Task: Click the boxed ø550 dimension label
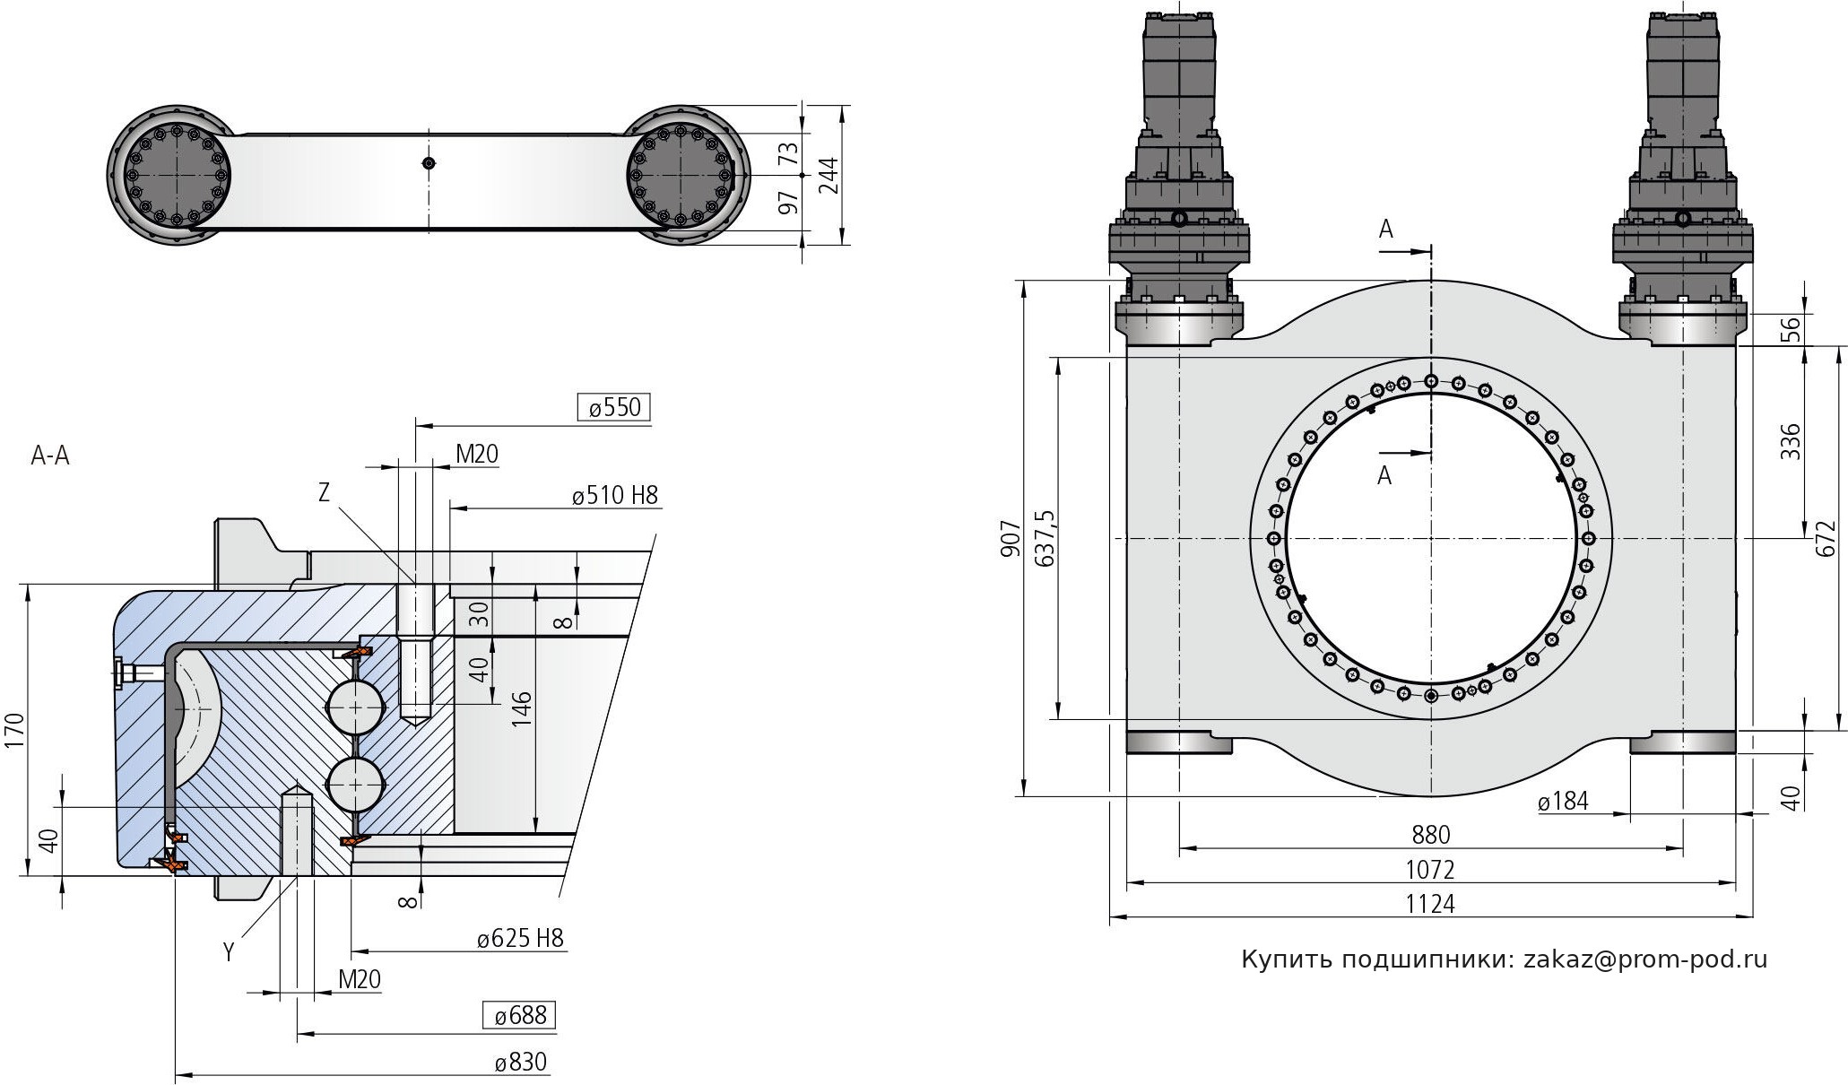click(x=615, y=408)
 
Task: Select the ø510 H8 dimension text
click(x=614, y=495)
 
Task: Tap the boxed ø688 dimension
click(x=519, y=1015)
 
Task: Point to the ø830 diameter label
click(x=520, y=1063)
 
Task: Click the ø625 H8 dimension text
click(x=520, y=939)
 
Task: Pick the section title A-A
click(x=50, y=456)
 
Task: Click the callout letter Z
click(x=324, y=491)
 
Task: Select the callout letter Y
click(x=229, y=952)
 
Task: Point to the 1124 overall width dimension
click(x=1429, y=904)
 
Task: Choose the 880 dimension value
click(x=1430, y=835)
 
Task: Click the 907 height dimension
click(x=1010, y=538)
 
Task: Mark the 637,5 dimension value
click(x=1045, y=538)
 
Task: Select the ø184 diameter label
click(x=1563, y=801)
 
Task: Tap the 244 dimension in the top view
click(x=829, y=175)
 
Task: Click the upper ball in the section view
click(x=355, y=707)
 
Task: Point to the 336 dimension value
click(x=1789, y=441)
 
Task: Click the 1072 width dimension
click(x=1429, y=869)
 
